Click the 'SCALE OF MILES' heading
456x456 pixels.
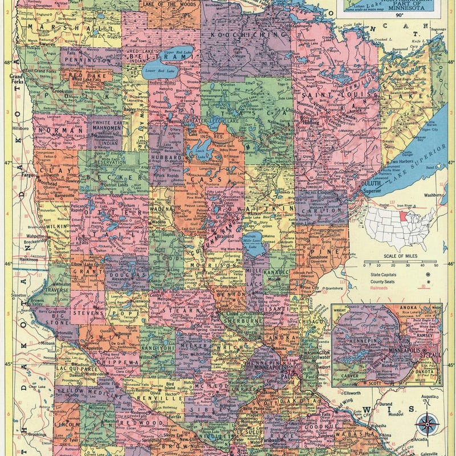point(402,256)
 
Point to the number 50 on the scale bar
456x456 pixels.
point(437,265)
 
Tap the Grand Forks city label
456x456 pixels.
point(15,78)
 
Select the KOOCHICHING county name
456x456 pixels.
point(247,35)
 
